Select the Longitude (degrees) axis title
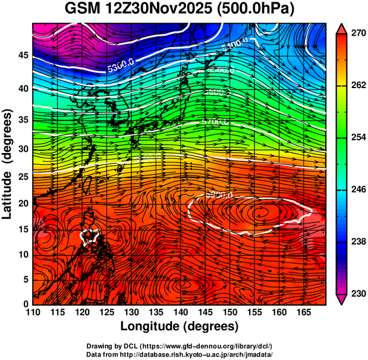pyautogui.click(x=180, y=326)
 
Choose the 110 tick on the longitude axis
pyautogui.click(x=33, y=312)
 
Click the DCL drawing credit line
pyautogui.click(x=180, y=346)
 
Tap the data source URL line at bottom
pyautogui.click(x=180, y=354)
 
